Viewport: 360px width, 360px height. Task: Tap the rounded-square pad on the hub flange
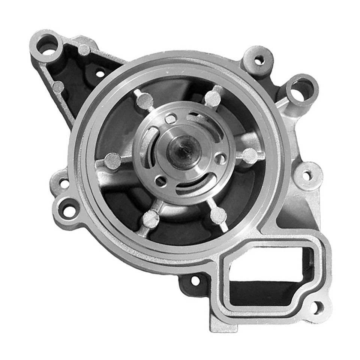(171, 119)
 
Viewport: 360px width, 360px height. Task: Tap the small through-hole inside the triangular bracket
(100, 74)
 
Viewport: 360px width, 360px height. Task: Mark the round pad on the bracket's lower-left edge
(58, 87)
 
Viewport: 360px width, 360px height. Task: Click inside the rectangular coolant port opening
(262, 268)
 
